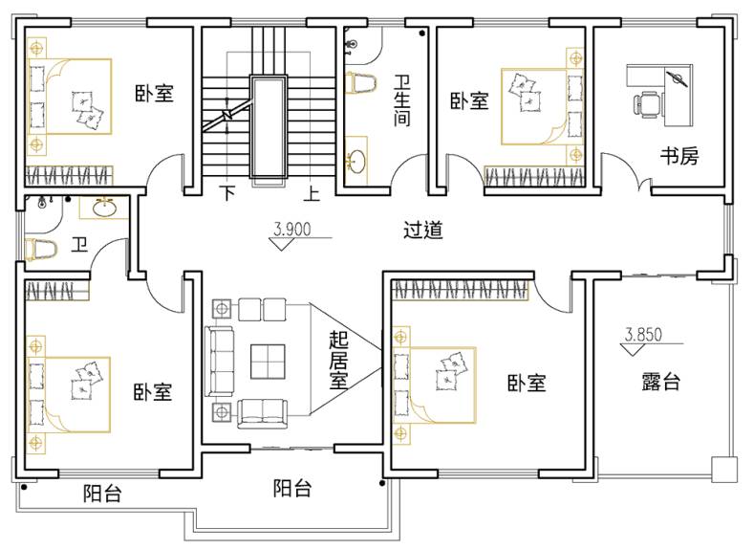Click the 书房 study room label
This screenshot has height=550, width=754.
679,156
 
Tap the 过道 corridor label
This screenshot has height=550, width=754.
422,230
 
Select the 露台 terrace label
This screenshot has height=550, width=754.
660,382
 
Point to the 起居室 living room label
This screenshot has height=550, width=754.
338,361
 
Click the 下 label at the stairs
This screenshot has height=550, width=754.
228,193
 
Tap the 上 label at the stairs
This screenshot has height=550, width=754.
312,193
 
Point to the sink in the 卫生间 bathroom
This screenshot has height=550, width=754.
356,161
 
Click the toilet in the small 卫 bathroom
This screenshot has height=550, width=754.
40,250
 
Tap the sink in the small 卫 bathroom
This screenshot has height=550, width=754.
104,208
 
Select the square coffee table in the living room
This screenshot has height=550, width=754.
268,361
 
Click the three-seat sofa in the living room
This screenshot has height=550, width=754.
219,362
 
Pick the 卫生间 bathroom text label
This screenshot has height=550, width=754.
402,100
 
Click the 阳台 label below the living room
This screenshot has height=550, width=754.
292,489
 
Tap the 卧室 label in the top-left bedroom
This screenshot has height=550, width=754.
154,93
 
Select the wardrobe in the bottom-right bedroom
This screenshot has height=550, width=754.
461,290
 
